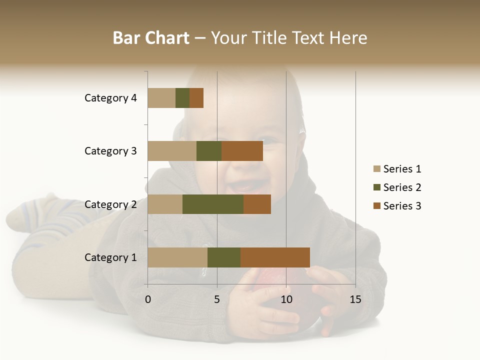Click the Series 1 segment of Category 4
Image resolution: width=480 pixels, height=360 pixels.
click(161, 98)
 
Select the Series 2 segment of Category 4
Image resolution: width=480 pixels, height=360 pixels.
click(182, 98)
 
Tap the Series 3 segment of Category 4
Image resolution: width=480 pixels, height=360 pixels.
click(196, 98)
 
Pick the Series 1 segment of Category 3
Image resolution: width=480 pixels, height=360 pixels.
click(172, 151)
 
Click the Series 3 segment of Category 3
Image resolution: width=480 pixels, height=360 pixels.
click(242, 151)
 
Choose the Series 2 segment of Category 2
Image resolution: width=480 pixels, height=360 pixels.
click(213, 204)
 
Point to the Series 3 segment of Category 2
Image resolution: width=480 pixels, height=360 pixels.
click(257, 204)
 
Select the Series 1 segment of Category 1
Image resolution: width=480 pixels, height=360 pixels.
click(177, 257)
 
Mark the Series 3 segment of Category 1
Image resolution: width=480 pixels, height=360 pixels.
click(275, 257)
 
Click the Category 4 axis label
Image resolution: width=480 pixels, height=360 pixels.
click(110, 98)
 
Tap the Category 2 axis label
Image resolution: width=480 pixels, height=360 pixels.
click(110, 204)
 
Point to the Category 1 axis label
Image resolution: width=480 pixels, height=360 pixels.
click(110, 257)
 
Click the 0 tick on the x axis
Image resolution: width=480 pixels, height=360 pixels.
click(148, 299)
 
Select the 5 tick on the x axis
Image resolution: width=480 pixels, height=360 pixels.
click(217, 299)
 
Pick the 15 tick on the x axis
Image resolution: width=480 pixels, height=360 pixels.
click(355, 299)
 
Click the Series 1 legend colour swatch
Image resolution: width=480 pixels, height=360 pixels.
click(376, 169)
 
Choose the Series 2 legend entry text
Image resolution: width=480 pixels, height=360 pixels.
click(402, 187)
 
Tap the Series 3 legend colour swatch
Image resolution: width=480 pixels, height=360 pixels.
click(376, 206)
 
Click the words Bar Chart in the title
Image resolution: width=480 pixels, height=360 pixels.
click(151, 37)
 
